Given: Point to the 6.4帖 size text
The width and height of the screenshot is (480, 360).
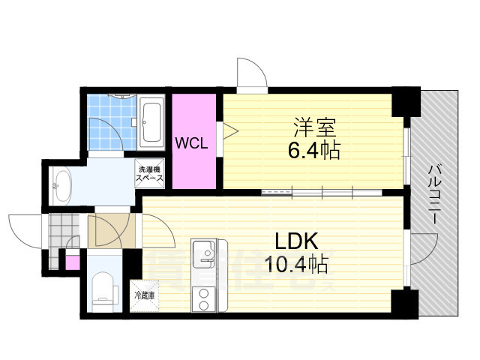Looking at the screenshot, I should [314, 151].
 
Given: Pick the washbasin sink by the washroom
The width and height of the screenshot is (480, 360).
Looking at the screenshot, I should [61, 183].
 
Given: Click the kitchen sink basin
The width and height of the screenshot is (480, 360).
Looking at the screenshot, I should [203, 251].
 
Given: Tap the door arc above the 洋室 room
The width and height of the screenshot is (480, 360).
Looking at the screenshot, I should [250, 72].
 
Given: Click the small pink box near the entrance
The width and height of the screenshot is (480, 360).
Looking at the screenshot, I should [72, 263].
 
